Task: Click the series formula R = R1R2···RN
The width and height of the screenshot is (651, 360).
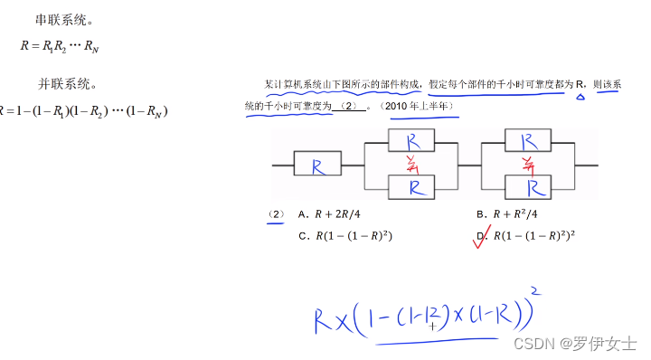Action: coord(60,45)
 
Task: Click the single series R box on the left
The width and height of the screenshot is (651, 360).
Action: coord(318,166)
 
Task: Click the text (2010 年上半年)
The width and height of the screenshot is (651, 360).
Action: coord(420,107)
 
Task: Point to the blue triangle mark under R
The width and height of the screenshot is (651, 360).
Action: coord(580,94)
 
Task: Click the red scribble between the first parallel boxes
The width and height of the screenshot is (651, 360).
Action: coord(414,165)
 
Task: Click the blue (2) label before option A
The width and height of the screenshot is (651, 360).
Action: coord(276,215)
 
